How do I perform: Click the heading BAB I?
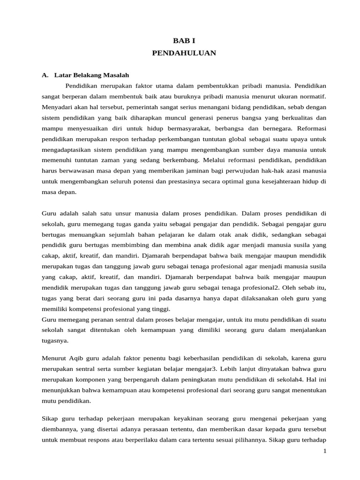coord(184,41)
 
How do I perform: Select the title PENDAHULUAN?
coord(184,53)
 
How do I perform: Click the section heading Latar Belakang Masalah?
coord(91,75)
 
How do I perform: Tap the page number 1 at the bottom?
coord(324,451)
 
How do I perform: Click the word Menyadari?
coord(58,107)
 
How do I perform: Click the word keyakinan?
coord(196,418)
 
